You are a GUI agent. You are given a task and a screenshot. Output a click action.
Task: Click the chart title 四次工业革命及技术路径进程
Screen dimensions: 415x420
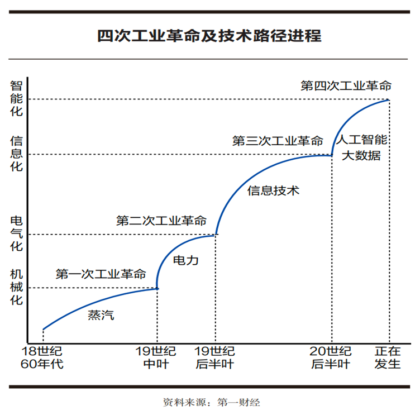pyautogui.click(x=209, y=36)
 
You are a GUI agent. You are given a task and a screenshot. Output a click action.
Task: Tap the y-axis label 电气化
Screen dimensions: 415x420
pyautogui.click(x=17, y=233)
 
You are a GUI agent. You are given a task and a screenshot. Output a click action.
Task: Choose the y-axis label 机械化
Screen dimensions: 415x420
pyautogui.click(x=17, y=287)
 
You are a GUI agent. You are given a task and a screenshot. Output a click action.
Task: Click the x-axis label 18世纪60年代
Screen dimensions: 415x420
pyautogui.click(x=42, y=358)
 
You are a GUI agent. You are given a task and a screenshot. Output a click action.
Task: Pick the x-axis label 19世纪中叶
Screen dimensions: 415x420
pyautogui.click(x=156, y=358)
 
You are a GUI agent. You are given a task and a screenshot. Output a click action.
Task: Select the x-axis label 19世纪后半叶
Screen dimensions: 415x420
pyautogui.click(x=214, y=358)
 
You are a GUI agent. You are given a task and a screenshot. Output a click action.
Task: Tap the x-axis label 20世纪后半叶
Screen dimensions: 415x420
pyautogui.click(x=332, y=358)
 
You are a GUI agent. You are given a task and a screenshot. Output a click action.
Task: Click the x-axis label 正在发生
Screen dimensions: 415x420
pyautogui.click(x=388, y=358)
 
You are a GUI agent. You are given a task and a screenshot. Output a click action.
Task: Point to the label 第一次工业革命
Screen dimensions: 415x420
pyautogui.click(x=101, y=274)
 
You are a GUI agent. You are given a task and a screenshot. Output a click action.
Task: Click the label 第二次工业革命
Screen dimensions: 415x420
pyautogui.click(x=161, y=220)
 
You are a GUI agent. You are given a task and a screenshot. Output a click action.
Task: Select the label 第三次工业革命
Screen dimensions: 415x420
pyautogui.click(x=278, y=141)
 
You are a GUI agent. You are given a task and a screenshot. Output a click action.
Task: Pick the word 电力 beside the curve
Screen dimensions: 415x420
pyautogui.click(x=186, y=260)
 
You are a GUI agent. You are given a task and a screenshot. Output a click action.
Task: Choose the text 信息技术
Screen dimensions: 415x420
pyautogui.click(x=274, y=190)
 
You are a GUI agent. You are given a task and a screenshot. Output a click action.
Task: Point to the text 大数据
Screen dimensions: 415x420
pyautogui.click(x=361, y=156)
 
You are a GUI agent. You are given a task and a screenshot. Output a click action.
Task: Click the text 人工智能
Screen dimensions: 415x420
pyautogui.click(x=363, y=140)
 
